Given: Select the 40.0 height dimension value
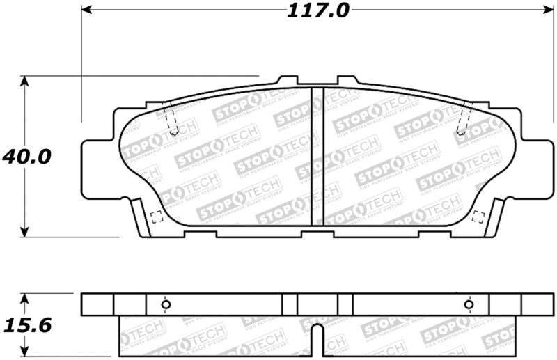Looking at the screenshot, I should pos(26,157).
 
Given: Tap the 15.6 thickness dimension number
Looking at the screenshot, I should pos(26,324).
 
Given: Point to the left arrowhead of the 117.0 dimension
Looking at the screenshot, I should pos(86,10).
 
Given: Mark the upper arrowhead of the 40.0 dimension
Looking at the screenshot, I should pos(25,80).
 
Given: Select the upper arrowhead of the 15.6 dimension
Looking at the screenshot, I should pos(25,297).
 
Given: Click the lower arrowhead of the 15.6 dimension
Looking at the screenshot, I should pos(25,352).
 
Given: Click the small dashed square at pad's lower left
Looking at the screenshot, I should pos(156,216).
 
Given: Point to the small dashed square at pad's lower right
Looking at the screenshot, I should pos(478,216).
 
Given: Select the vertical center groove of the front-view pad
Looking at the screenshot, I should pos(317,156).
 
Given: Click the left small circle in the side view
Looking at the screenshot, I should pos(166,304).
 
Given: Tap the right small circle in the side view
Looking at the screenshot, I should pos(469,304).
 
